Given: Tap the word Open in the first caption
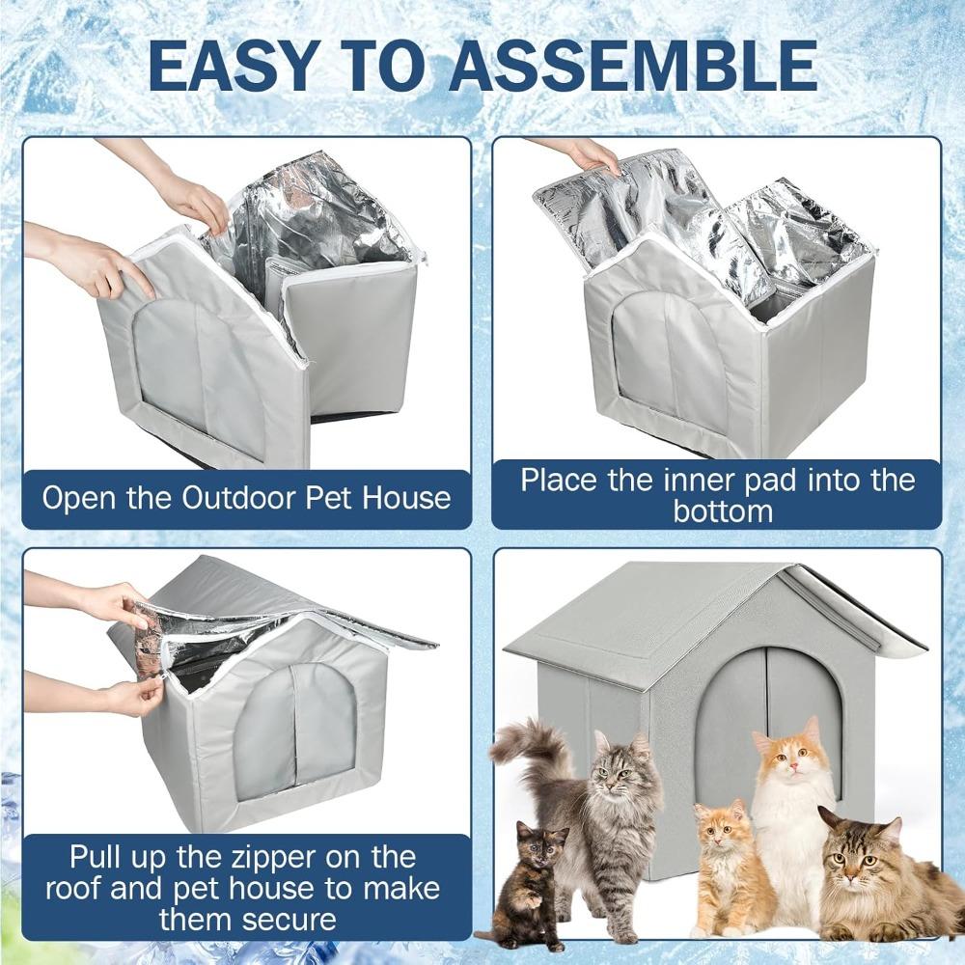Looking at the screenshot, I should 80,498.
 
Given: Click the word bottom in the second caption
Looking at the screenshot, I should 723,510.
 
